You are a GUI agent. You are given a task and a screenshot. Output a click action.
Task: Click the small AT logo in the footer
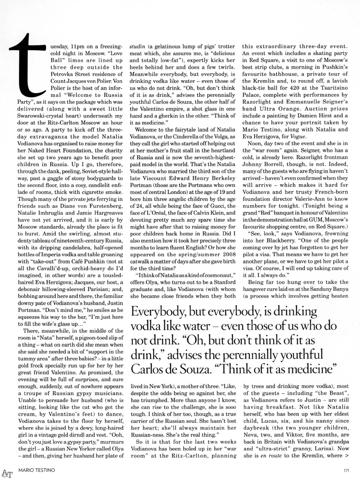pos(6,473)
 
